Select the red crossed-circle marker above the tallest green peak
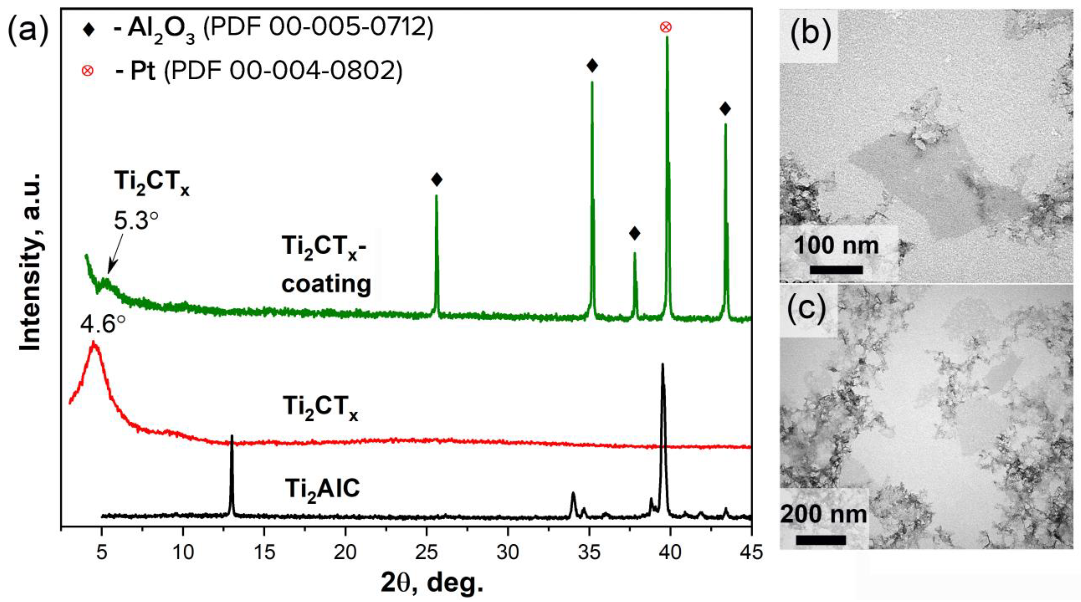point(665,27)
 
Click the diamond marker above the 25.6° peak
point(437,180)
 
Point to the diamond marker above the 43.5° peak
point(725,109)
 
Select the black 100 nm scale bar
point(836,270)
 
